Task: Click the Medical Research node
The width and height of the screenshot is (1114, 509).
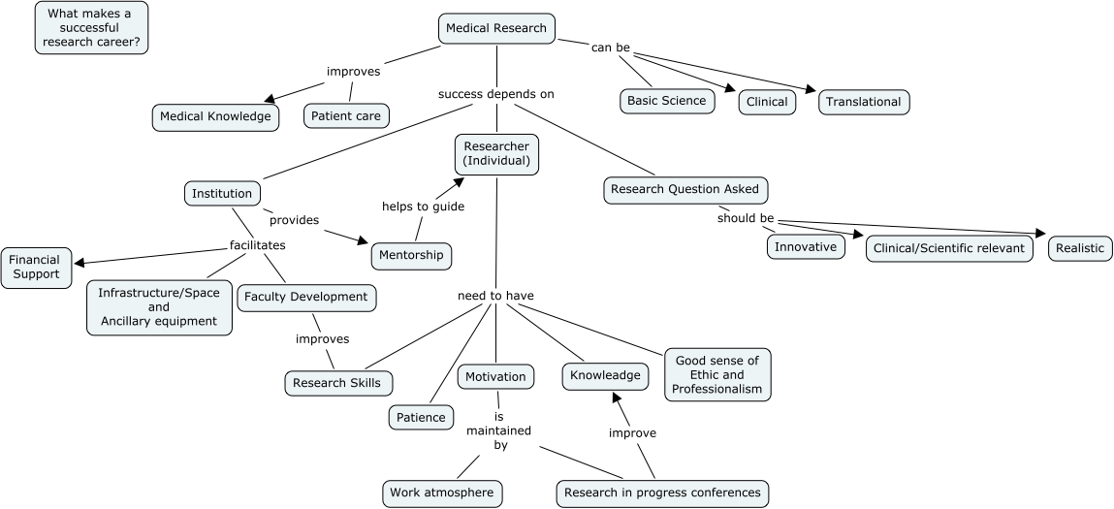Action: [x=496, y=28]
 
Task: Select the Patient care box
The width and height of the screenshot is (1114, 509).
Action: [x=346, y=116]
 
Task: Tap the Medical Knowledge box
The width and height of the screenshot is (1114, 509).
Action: [x=215, y=117]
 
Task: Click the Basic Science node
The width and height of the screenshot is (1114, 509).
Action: [x=666, y=101]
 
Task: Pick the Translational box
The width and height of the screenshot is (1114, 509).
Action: [x=864, y=102]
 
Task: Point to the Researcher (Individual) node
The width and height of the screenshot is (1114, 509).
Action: [x=496, y=153]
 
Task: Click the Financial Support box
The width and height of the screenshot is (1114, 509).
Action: [x=36, y=268]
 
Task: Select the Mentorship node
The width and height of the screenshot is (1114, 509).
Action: [x=411, y=256]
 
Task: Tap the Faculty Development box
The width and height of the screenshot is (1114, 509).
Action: [x=305, y=297]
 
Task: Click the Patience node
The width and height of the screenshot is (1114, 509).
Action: [x=421, y=418]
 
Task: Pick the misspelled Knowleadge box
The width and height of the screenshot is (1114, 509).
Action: [x=605, y=375]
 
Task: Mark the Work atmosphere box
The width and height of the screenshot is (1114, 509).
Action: [x=441, y=493]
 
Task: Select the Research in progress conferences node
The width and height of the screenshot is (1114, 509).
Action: [x=662, y=493]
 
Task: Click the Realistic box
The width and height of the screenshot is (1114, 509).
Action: [x=1080, y=248]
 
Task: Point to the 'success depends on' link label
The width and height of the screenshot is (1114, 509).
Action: [x=495, y=94]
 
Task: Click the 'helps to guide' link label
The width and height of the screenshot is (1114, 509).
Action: [x=423, y=206]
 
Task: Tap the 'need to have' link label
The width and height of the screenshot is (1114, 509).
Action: [x=495, y=296]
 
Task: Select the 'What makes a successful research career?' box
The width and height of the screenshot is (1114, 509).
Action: [x=91, y=28]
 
